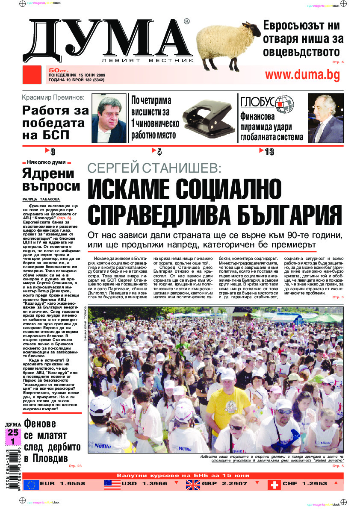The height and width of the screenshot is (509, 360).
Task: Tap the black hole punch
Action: (x=208, y=116)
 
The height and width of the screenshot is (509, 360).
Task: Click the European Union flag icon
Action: (x=31, y=484)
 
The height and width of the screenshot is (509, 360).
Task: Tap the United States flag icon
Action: (x=112, y=484)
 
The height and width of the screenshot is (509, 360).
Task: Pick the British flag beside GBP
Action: (x=193, y=484)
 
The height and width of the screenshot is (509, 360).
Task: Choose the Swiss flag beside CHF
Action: (x=274, y=484)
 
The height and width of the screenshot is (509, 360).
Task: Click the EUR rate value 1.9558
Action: (x=68, y=484)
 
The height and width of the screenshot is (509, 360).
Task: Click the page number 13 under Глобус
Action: (x=269, y=152)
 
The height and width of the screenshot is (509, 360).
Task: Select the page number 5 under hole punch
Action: (x=159, y=152)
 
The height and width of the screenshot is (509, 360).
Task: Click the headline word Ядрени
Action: (x=48, y=174)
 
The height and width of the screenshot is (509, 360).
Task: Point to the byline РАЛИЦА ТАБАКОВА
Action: (x=41, y=199)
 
